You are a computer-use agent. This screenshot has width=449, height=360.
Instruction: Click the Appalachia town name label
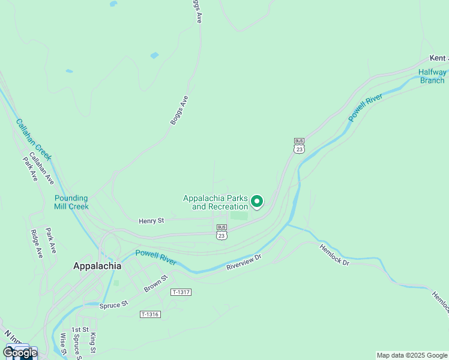[x=97, y=266]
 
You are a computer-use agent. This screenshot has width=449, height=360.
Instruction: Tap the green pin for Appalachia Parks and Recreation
[x=257, y=202]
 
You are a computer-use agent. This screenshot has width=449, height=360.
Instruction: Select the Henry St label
[x=151, y=221]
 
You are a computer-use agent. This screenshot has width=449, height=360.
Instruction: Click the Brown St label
[x=155, y=284]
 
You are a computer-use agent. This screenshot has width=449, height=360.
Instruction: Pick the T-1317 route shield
[x=180, y=292]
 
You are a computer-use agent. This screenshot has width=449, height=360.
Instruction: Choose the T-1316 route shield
[x=150, y=314]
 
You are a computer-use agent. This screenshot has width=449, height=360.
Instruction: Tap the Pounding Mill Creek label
[x=71, y=202]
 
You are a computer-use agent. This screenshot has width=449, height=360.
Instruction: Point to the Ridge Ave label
[x=37, y=244]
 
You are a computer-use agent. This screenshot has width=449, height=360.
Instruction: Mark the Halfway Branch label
[x=432, y=76]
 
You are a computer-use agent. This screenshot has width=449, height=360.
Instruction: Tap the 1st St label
[x=80, y=330]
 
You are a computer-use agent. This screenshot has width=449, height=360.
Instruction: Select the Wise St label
[x=62, y=344]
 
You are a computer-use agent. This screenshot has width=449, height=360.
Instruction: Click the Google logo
[x=20, y=353]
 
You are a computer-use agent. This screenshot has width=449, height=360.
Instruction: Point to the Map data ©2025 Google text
[x=412, y=355]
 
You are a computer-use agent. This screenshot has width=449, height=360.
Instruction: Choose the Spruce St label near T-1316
[x=114, y=305]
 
